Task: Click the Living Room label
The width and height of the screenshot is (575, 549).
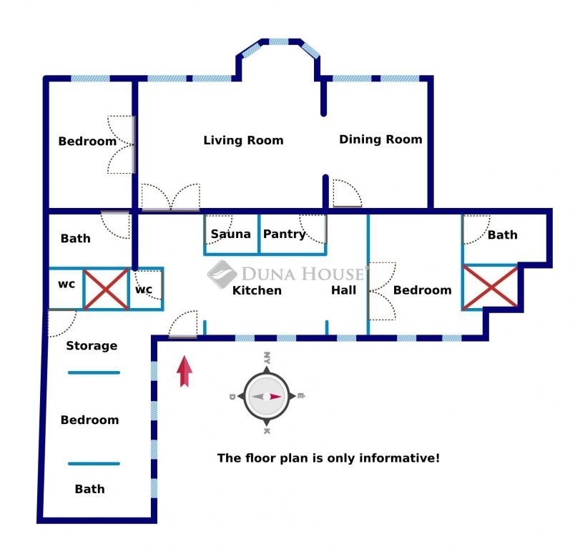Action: pos(243,140)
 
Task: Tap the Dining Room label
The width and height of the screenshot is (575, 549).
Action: pos(380,139)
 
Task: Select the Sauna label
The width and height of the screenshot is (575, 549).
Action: pos(231,234)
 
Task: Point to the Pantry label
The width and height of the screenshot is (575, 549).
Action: pos(285,234)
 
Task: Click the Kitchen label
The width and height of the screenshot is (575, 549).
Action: pos(257,290)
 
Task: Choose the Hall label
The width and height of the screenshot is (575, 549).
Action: pos(343,290)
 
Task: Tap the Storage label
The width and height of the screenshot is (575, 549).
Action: pos(92,345)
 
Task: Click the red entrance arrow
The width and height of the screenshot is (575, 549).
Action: pos(185,371)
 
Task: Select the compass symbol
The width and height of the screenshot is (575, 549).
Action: pos(267,396)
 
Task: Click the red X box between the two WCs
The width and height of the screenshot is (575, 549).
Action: pos(106,290)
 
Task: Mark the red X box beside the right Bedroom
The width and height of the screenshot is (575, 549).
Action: pos(491,287)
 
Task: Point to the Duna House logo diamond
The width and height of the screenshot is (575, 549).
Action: pos(222,274)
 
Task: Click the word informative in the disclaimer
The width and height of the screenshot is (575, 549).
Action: pos(399,458)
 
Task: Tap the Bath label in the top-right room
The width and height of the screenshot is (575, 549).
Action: pos(502,234)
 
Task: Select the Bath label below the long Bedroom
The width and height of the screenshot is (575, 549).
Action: pos(90,489)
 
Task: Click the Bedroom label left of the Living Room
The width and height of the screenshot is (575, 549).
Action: pos(87,141)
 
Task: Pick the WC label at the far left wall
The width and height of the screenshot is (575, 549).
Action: pos(67,285)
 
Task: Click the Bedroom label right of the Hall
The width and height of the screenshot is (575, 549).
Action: pos(423,290)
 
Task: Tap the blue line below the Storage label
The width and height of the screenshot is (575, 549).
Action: pos(94,372)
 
